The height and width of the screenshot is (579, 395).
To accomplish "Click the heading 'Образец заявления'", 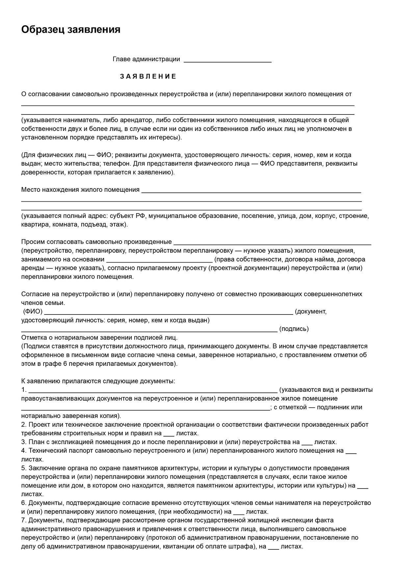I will pos(71,30).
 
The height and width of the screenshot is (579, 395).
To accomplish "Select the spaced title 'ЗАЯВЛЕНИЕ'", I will pos(148,77).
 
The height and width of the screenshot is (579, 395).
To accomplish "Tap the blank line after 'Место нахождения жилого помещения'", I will pos(251,191).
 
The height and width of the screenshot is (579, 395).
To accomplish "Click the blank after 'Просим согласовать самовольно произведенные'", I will pos(272,243).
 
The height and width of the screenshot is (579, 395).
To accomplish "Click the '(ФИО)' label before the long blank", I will pos(33,312).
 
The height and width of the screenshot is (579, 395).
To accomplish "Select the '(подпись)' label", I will pos(294,329).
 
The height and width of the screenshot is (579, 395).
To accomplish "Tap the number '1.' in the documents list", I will pos(24,390).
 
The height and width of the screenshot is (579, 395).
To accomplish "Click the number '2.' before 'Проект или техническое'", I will pos(24,425).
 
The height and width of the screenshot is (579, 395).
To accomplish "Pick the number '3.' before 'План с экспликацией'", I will pos(24,442).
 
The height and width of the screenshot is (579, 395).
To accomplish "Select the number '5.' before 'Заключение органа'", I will pos(24,468).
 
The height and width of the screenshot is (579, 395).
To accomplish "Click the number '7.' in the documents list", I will pos(24,520).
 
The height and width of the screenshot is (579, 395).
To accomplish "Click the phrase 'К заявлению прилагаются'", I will pos(61,381).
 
